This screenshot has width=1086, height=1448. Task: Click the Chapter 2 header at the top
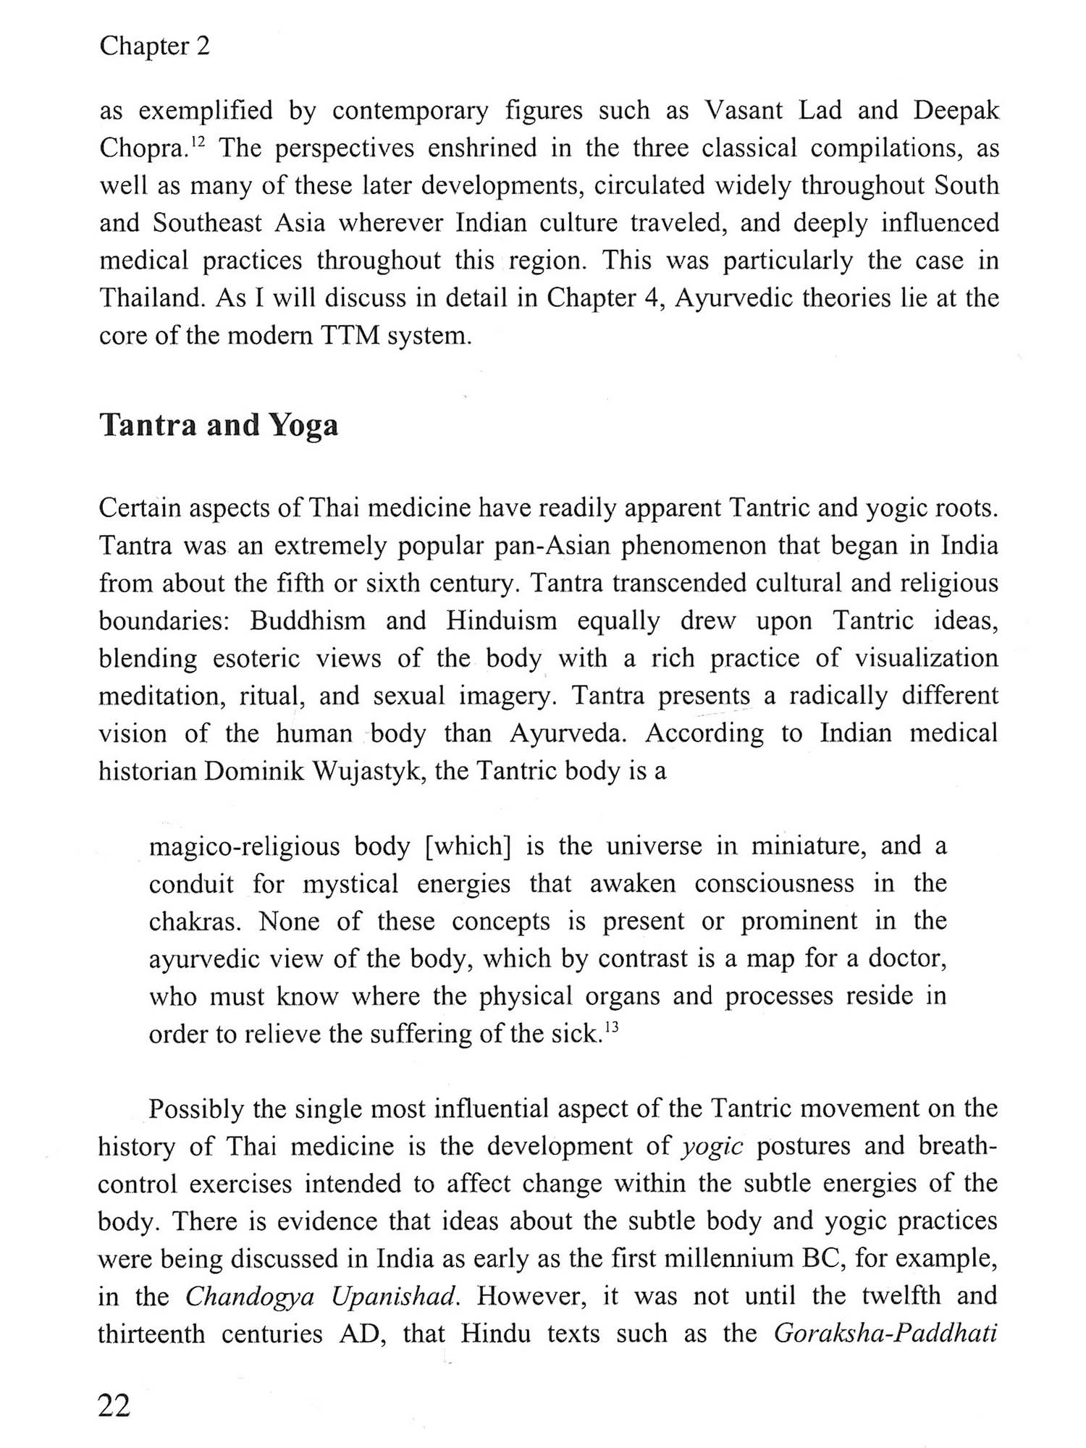click(154, 46)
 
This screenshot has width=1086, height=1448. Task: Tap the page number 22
click(114, 1405)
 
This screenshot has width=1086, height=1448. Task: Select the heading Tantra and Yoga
click(219, 425)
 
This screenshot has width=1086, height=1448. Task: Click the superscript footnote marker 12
click(199, 142)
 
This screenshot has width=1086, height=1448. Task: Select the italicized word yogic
click(712, 1146)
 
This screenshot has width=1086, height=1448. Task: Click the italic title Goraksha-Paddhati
click(885, 1334)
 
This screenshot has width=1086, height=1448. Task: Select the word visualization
click(926, 659)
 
